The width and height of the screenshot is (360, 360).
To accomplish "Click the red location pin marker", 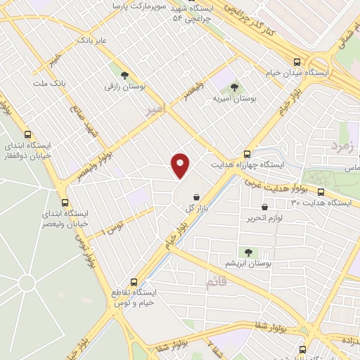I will (181, 165).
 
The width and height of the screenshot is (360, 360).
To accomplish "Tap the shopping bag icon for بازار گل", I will (198, 196).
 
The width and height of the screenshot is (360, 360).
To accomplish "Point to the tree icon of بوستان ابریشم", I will (247, 251).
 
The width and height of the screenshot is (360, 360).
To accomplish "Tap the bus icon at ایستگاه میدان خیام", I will (297, 61).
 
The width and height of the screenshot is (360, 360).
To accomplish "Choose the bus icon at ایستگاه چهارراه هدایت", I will (247, 153).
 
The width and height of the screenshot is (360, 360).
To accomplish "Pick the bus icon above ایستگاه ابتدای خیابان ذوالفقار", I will (28, 134).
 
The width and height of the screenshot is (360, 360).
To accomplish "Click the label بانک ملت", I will (51, 83).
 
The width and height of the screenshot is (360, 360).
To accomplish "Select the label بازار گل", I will (198, 210).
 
